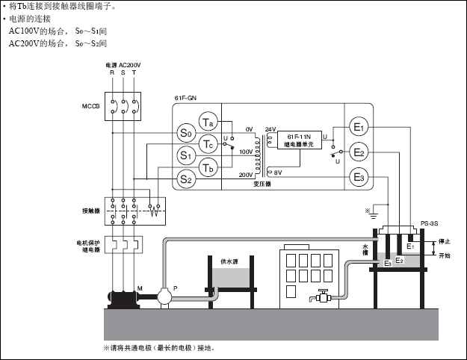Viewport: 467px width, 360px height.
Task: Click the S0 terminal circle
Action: [x=186, y=134]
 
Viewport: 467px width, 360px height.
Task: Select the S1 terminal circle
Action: [x=186, y=155]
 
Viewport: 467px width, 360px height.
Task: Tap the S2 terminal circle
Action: [x=186, y=179]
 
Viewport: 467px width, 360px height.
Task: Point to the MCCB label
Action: [x=90, y=105]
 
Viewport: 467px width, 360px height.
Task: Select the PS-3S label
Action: [x=429, y=223]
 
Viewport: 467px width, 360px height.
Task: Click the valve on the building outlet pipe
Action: [x=324, y=297]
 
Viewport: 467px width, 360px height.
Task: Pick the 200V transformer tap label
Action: [x=245, y=174]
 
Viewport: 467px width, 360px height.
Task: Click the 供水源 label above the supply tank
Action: [x=230, y=261]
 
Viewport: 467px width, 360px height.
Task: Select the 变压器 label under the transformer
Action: [x=262, y=184]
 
